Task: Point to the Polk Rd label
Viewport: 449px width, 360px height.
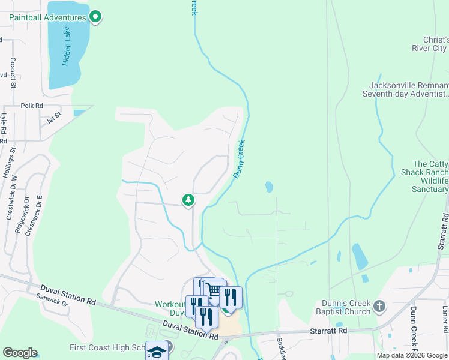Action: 32,106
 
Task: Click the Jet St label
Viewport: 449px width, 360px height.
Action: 54,118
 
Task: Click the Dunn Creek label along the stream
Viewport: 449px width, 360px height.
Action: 240,158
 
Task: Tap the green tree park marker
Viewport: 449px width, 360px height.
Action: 188,200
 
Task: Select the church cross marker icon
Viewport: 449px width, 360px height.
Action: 379,307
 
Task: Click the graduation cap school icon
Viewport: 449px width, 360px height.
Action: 157,350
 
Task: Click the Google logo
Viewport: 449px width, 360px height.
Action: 20,353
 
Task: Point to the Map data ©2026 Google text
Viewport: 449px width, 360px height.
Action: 411,355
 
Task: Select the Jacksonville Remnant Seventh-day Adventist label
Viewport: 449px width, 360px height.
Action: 405,89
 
